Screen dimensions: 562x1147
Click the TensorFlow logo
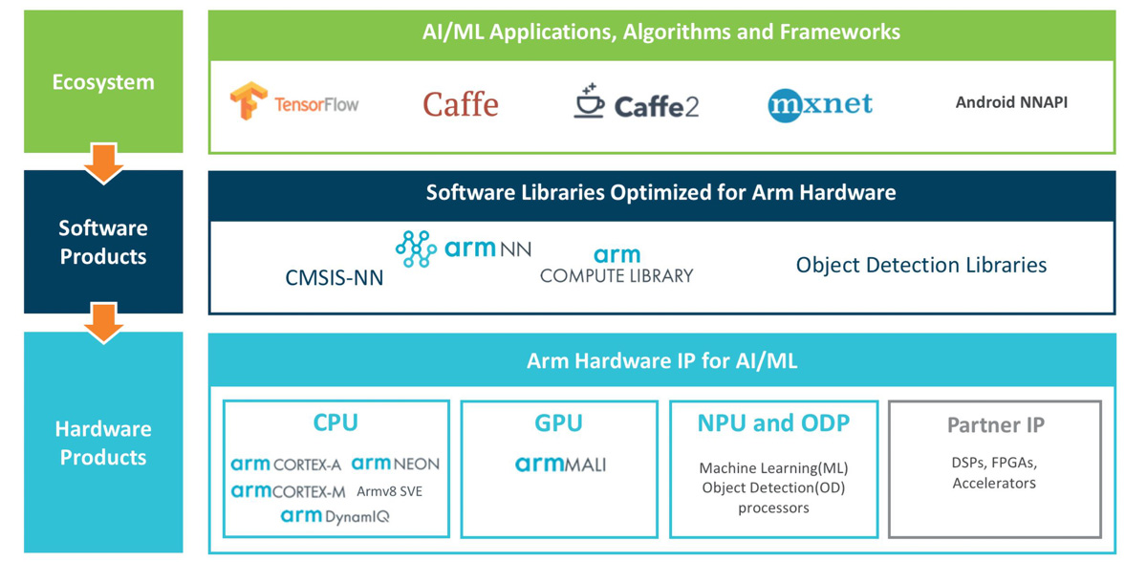(x=293, y=102)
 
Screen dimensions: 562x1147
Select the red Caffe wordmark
(x=461, y=104)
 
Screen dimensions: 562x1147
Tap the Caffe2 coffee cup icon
(x=589, y=101)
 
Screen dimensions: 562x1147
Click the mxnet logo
(x=820, y=104)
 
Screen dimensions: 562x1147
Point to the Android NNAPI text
(x=1011, y=102)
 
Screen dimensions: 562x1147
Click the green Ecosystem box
(x=103, y=82)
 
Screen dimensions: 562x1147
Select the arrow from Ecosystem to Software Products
(x=103, y=162)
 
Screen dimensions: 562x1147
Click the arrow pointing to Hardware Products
(x=103, y=323)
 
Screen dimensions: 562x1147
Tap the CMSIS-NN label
(x=334, y=277)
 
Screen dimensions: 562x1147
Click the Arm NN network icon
(x=416, y=249)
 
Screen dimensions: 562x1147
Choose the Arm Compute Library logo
(x=617, y=266)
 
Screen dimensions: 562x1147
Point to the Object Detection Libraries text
(x=920, y=265)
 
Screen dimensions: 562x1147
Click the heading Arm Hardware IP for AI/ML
(x=661, y=360)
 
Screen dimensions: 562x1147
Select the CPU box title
(x=335, y=422)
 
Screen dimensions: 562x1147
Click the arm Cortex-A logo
(x=286, y=465)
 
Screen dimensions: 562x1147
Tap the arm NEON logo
(x=395, y=464)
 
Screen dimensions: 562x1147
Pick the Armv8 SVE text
(x=389, y=491)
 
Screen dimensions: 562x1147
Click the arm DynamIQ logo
(x=335, y=516)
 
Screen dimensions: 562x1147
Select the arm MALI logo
(x=560, y=465)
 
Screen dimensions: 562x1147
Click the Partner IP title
(x=995, y=424)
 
